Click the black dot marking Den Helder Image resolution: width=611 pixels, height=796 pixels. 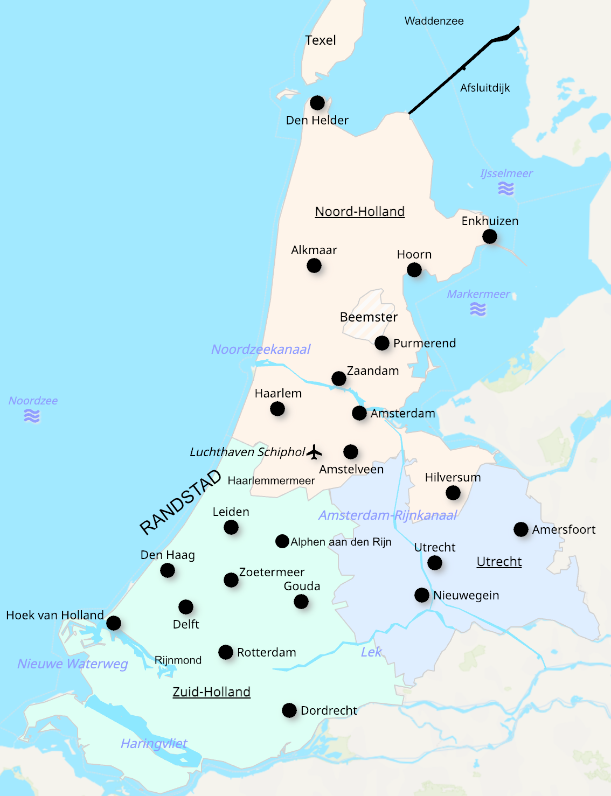(317, 103)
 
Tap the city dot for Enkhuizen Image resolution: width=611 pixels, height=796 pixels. (490, 236)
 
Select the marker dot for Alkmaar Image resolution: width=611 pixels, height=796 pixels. (314, 266)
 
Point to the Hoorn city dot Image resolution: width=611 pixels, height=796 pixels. (414, 270)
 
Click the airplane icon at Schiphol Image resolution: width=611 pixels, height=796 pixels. (314, 452)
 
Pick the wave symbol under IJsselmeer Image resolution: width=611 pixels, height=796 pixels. (506, 188)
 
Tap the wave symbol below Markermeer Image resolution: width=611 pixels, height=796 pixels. (478, 309)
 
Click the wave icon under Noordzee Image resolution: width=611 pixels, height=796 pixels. (32, 416)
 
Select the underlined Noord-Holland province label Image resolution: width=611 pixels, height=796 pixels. (360, 212)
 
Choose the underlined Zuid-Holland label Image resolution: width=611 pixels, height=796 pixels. (211, 692)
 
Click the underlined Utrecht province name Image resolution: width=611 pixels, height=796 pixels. (499, 562)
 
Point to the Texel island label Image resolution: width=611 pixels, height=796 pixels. (321, 40)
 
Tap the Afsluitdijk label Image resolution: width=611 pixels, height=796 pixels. (485, 88)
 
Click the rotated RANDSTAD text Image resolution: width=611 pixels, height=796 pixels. (180, 502)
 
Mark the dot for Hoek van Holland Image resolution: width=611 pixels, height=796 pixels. (114, 623)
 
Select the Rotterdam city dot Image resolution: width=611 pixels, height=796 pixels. (226, 652)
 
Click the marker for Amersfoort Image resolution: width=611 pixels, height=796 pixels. (521, 529)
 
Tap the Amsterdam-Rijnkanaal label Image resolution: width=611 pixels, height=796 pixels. (388, 515)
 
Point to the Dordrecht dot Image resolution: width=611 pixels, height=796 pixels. (289, 710)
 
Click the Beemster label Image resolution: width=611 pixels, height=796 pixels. (369, 317)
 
